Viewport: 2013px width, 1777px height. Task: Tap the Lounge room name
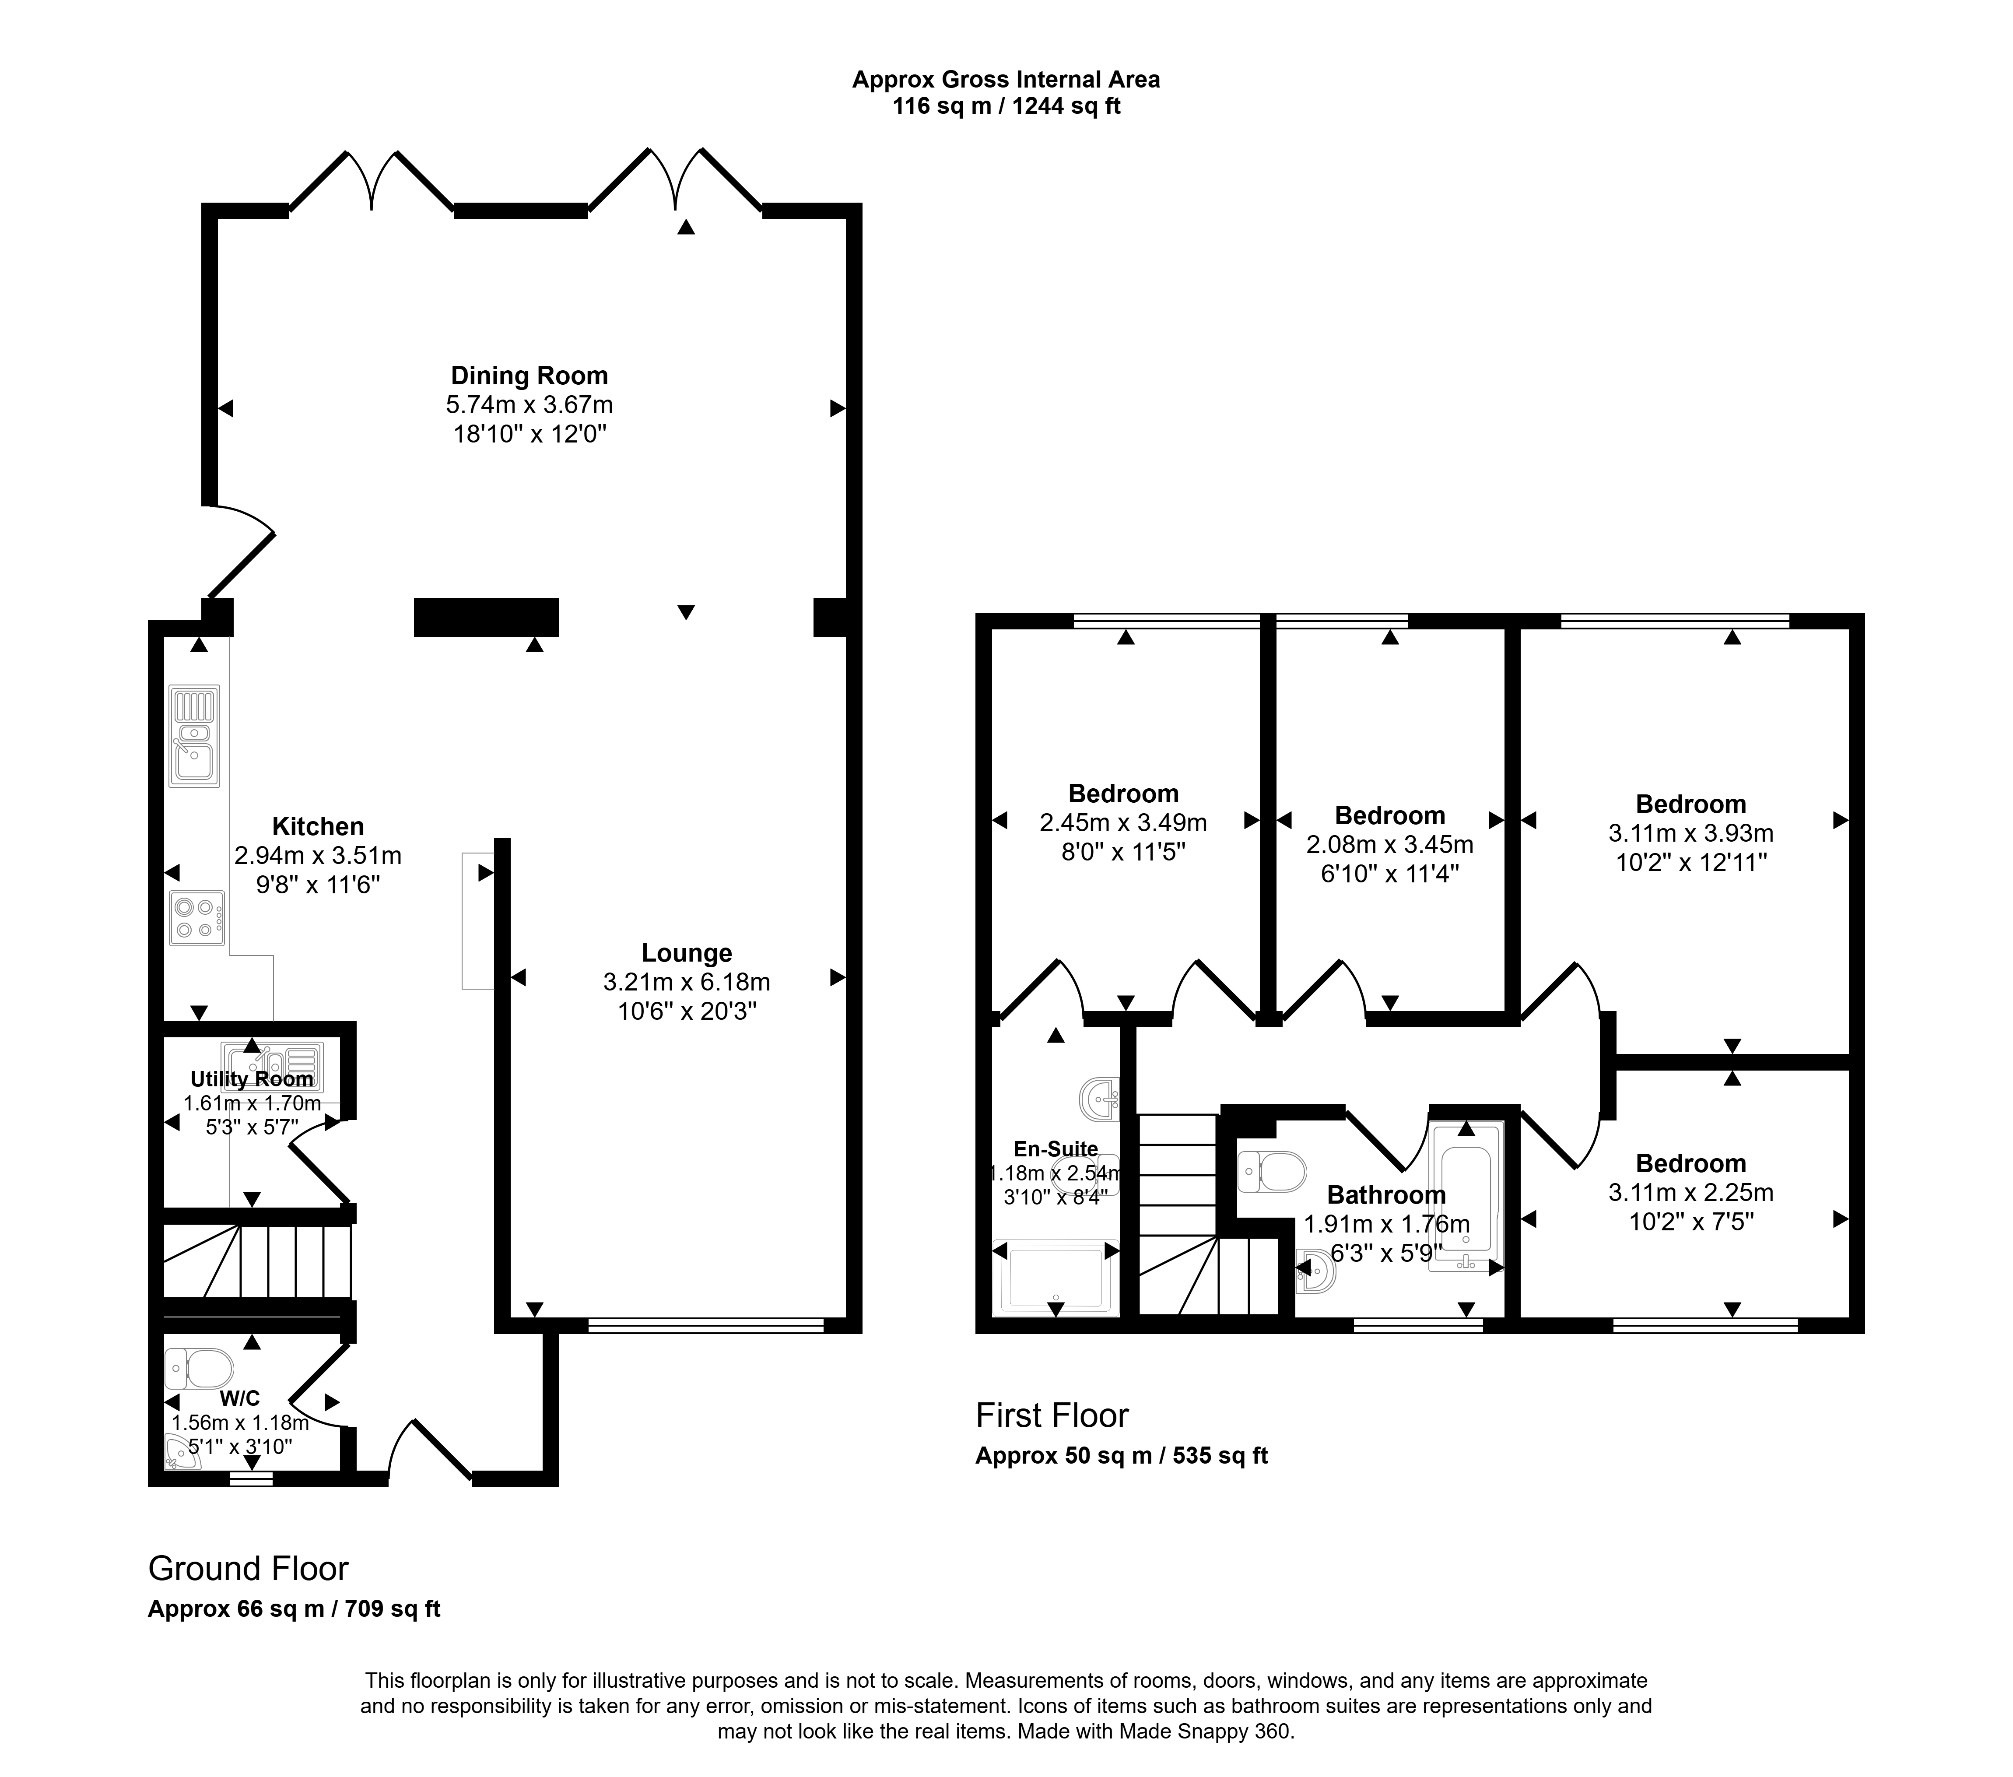tap(687, 952)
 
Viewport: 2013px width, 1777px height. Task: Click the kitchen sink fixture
tap(194, 736)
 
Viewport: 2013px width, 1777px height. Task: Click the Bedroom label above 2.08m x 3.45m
tap(1389, 815)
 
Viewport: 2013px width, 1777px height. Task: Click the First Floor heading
tap(1052, 1415)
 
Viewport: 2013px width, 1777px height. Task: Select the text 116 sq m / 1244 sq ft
tap(1006, 106)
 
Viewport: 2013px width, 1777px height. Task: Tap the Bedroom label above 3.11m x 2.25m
tap(1691, 1163)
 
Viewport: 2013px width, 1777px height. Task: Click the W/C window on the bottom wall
tap(250, 1478)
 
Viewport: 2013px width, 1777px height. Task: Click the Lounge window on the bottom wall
tap(705, 1326)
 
